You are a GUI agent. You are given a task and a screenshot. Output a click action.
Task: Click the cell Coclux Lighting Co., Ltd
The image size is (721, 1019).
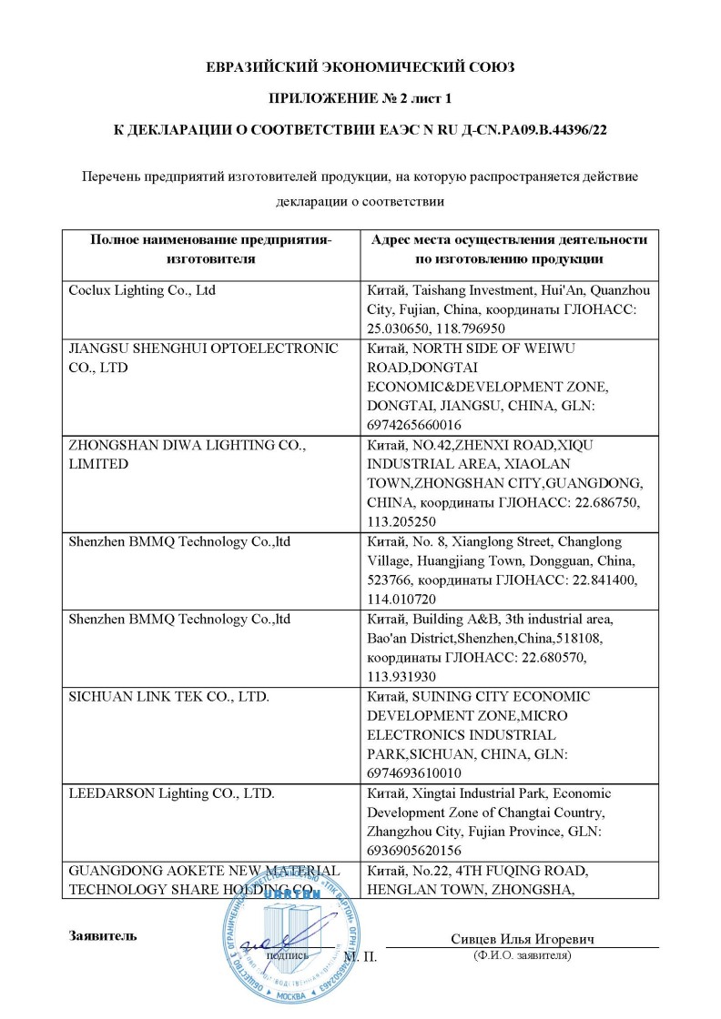point(142,291)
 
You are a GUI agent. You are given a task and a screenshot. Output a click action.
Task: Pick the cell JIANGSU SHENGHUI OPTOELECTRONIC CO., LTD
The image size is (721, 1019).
point(203,358)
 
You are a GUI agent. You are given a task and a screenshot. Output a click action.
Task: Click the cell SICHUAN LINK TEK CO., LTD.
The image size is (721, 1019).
point(159,697)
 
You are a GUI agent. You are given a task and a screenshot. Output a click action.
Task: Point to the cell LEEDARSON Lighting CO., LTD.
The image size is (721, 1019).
point(172,793)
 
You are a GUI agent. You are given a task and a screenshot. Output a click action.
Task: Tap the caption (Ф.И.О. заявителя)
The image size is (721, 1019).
point(522,956)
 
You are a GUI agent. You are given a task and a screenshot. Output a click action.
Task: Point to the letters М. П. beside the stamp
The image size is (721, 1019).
point(360,957)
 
